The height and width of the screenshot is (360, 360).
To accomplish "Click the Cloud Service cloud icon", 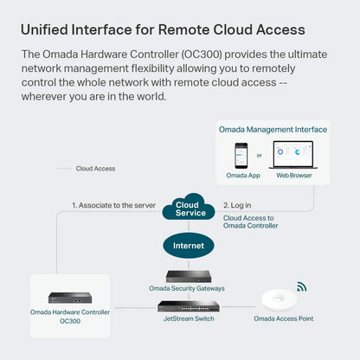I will pos(190,208).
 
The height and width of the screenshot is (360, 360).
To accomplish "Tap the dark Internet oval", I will pos(189,246).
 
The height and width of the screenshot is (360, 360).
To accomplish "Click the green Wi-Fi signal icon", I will pos(301,286).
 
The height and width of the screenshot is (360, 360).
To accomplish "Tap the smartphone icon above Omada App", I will pos(242,155).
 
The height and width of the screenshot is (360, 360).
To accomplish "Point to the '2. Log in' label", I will pos(238,205).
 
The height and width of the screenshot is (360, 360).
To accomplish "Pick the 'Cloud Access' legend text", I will pos(95,169).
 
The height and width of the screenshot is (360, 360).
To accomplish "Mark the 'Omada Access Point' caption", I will pos(283,319).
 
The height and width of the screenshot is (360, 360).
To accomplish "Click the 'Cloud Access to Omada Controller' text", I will pos(251,222).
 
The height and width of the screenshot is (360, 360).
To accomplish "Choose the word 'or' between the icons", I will pos(260,156).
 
